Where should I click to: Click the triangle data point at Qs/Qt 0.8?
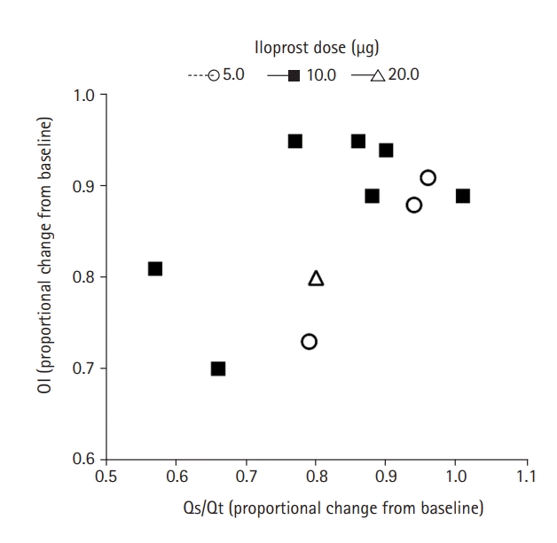[316, 279]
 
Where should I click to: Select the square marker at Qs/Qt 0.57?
[154, 268]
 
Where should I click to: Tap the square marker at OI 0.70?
[218, 368]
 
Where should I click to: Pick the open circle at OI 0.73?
[309, 341]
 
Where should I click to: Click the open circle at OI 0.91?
[428, 178]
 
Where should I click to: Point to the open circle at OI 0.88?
[413, 206]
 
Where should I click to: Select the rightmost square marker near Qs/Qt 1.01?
[462, 196]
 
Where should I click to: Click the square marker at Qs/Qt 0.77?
[294, 141]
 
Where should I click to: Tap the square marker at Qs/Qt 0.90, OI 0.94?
[386, 151]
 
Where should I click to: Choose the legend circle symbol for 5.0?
[213, 75]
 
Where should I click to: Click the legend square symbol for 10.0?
[294, 75]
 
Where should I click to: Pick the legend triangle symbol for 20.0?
[378, 75]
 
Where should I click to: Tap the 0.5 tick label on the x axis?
[106, 477]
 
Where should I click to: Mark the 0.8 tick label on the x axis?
[316, 477]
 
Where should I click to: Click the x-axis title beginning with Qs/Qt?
[316, 508]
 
